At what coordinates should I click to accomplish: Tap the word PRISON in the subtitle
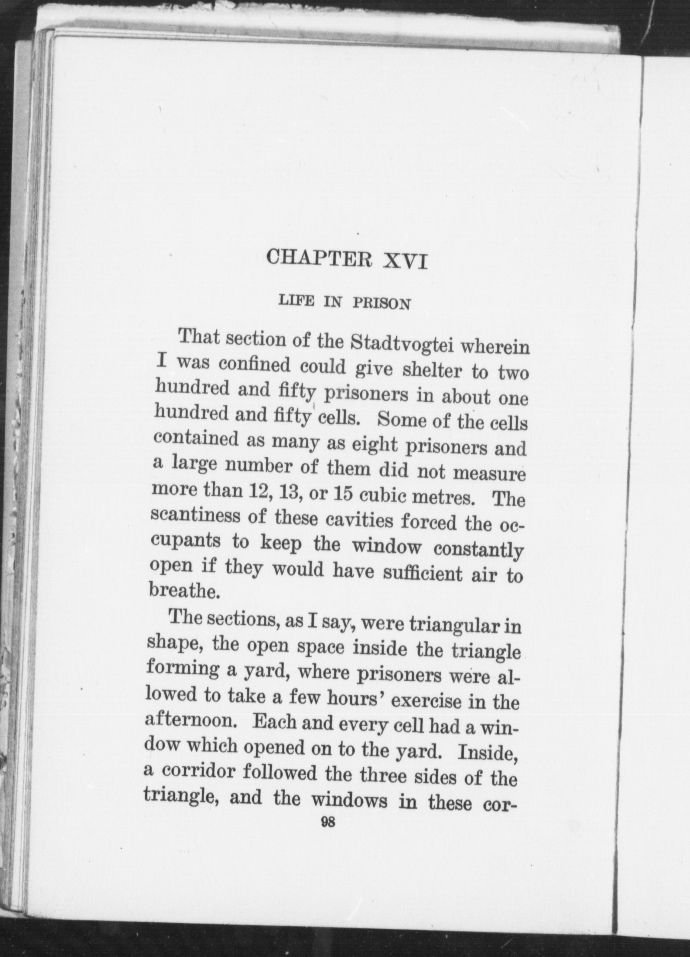click(x=381, y=303)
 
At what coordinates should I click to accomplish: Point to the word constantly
click(x=478, y=550)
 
